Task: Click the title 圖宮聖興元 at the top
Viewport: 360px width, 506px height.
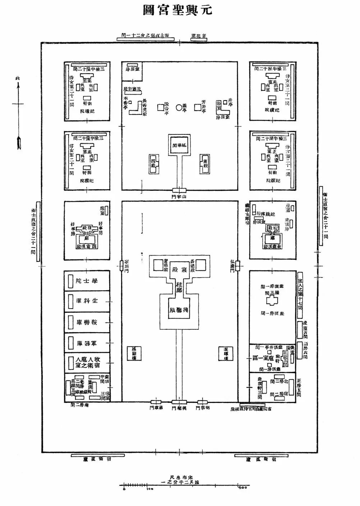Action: coord(178,10)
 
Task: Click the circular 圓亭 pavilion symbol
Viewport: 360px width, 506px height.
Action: coord(179,107)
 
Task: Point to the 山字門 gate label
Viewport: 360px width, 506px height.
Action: coord(179,197)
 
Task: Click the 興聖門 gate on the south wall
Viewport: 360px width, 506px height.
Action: coord(179,402)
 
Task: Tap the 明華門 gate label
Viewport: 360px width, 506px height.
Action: coord(203,408)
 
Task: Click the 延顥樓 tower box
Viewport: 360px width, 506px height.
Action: coord(133,354)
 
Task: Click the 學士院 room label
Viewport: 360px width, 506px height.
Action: coord(87,281)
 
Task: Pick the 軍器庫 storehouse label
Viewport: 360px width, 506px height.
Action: coord(87,343)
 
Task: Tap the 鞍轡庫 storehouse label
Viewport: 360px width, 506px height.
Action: coord(87,322)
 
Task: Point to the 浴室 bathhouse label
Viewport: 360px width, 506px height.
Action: coord(219,105)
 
